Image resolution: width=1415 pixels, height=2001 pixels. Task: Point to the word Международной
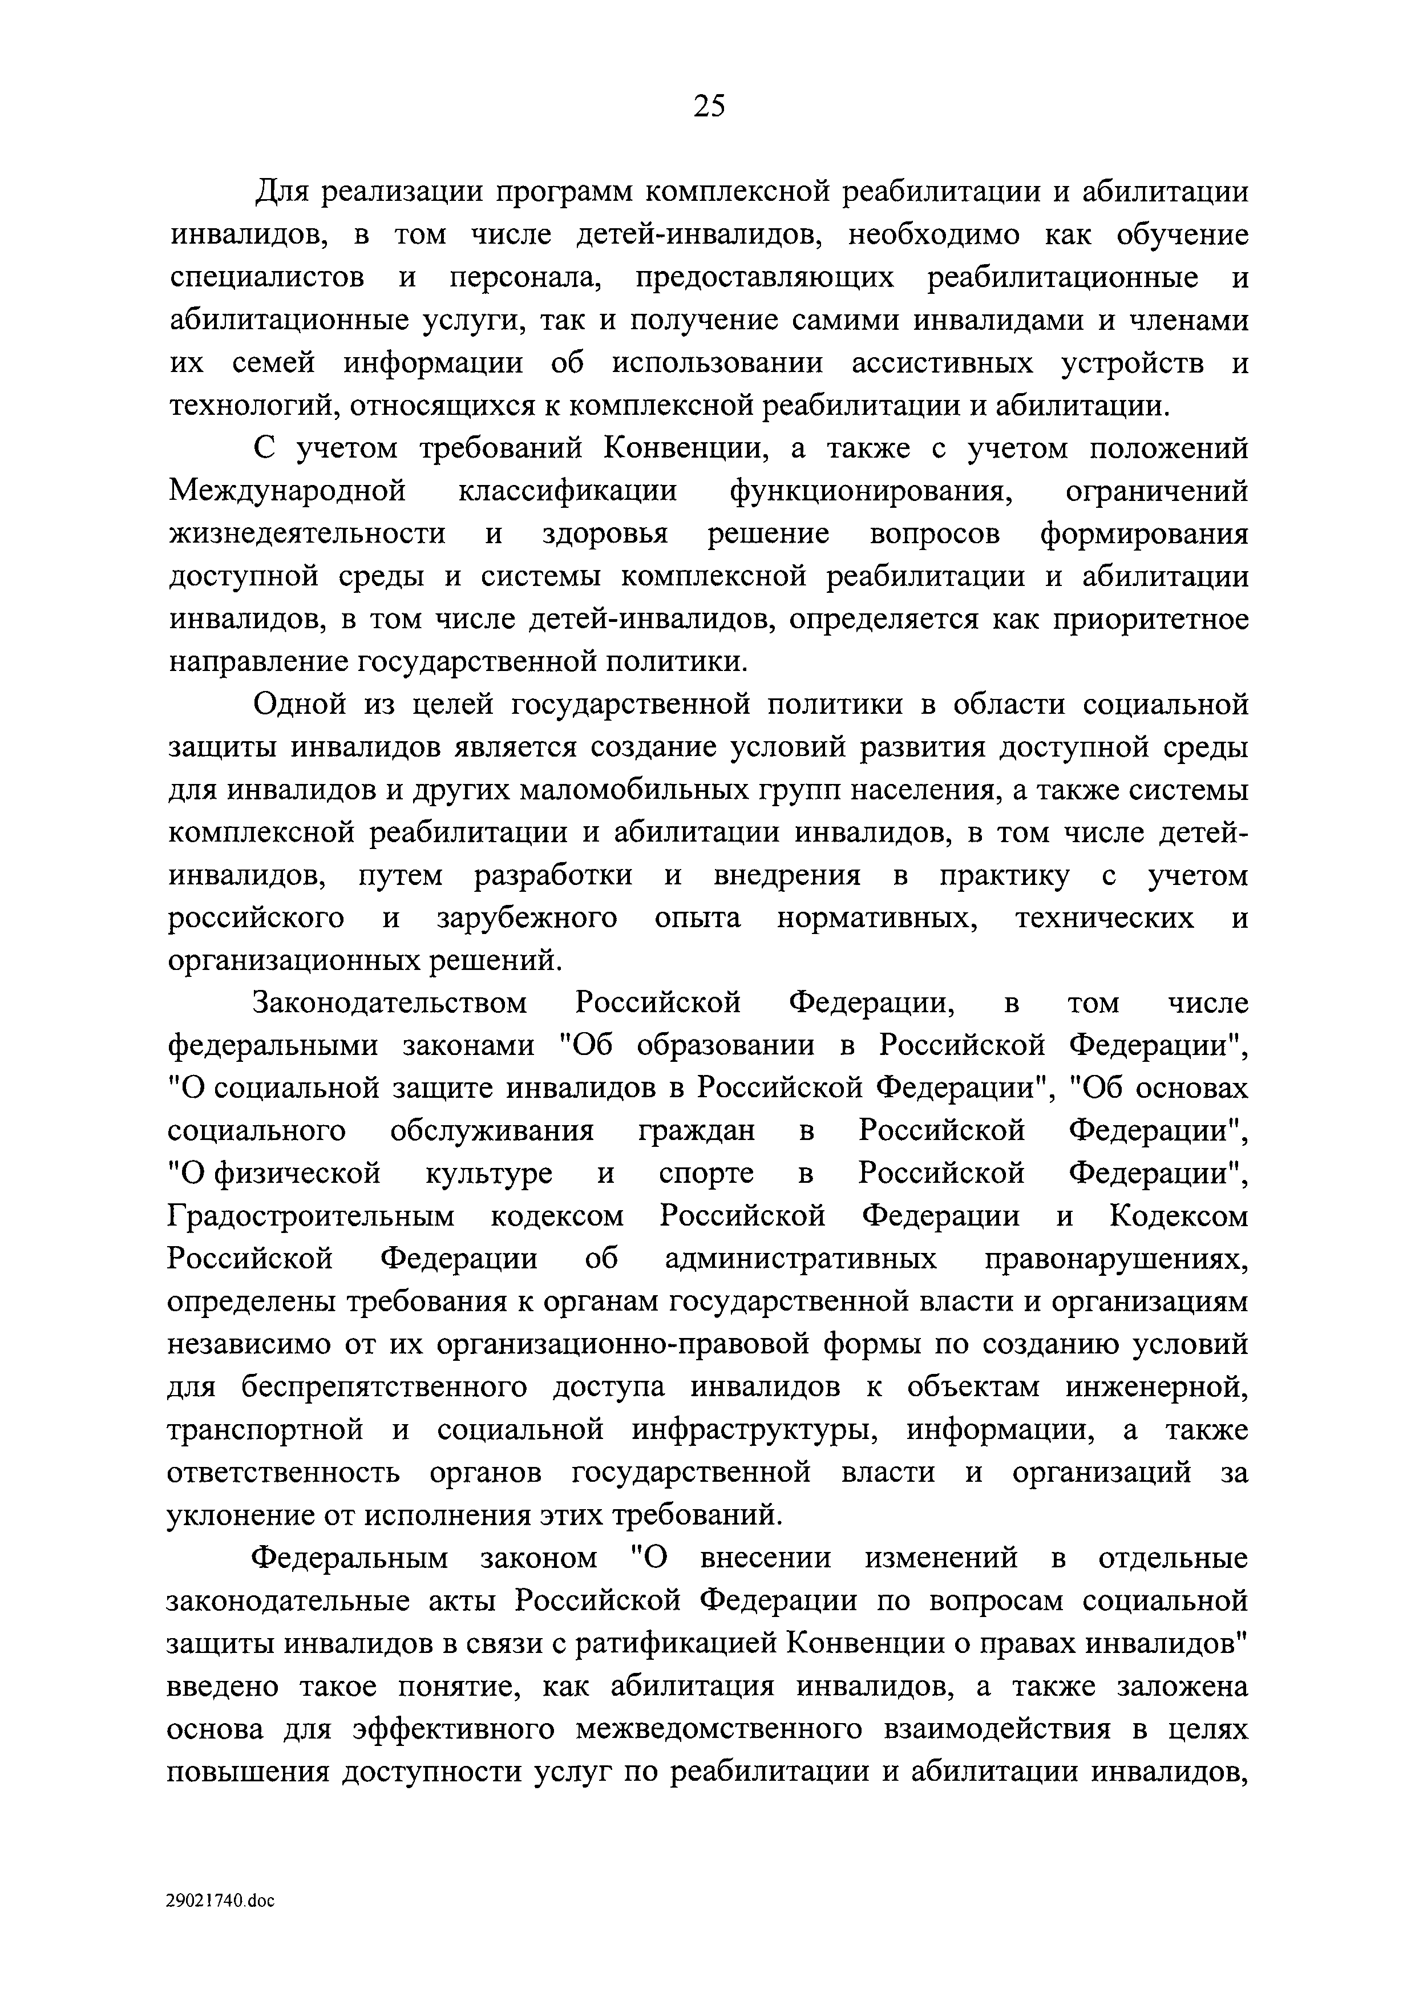tap(288, 491)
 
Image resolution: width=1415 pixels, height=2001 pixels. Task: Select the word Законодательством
tap(390, 1004)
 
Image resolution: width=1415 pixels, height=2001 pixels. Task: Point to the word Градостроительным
tap(311, 1216)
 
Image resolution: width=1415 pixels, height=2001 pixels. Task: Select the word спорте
tap(706, 1174)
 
